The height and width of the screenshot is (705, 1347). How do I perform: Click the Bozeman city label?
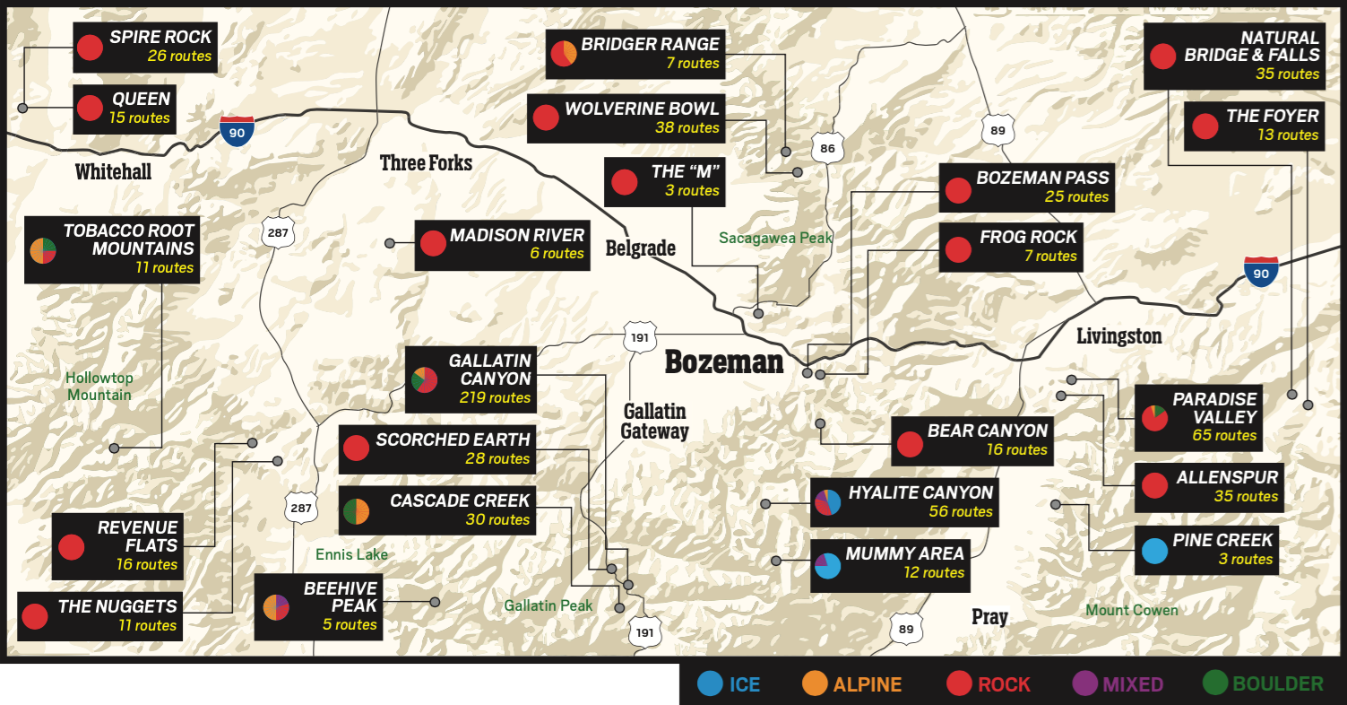click(x=723, y=362)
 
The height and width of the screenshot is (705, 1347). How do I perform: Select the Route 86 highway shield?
click(x=827, y=148)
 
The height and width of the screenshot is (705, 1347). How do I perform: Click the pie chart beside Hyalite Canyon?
click(x=827, y=502)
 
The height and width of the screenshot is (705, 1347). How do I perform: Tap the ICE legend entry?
click(x=730, y=684)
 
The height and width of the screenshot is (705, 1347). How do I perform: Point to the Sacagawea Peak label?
click(x=775, y=239)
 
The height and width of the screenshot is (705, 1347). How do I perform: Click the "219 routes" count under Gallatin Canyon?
click(x=495, y=397)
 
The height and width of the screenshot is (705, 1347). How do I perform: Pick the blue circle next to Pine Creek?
click(x=1154, y=550)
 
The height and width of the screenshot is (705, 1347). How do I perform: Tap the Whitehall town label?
click(x=113, y=171)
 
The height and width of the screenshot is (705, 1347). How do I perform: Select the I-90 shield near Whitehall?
click(x=237, y=131)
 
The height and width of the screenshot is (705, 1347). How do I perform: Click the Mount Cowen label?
click(x=1132, y=610)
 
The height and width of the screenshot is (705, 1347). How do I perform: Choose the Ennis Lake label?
click(x=351, y=554)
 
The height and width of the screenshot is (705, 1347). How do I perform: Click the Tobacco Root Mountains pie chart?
click(x=43, y=250)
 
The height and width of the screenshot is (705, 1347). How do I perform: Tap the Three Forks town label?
click(x=426, y=162)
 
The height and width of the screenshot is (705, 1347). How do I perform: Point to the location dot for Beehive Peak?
click(x=435, y=602)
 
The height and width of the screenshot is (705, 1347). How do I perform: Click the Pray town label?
click(x=989, y=617)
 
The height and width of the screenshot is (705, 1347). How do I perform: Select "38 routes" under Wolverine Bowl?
click(x=686, y=128)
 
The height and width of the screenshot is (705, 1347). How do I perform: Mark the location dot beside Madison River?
click(x=390, y=243)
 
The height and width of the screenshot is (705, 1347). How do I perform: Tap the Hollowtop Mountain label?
click(x=99, y=386)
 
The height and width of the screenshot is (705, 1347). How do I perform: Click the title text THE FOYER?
click(x=1273, y=116)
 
